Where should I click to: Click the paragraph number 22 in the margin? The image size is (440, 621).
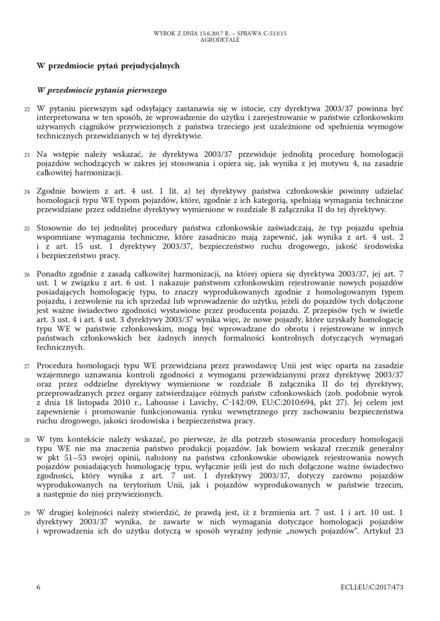pos(27,109)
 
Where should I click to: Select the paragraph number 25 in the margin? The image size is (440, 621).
pos(27,228)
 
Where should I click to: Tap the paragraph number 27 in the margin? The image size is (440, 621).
pos(27,367)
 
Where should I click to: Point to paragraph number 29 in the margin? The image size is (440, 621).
pos(27,513)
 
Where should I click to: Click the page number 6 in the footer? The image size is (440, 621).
pos(38,587)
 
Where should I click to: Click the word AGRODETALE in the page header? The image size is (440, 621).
pos(220,40)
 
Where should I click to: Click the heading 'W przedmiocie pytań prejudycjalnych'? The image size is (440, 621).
pos(108,65)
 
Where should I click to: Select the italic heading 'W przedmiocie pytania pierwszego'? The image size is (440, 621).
pos(102,90)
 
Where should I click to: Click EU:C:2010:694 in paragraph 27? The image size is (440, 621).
pos(282,403)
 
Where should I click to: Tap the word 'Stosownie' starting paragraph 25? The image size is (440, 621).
pos(53,228)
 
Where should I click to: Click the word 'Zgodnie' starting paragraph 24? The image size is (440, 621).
pos(49,191)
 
